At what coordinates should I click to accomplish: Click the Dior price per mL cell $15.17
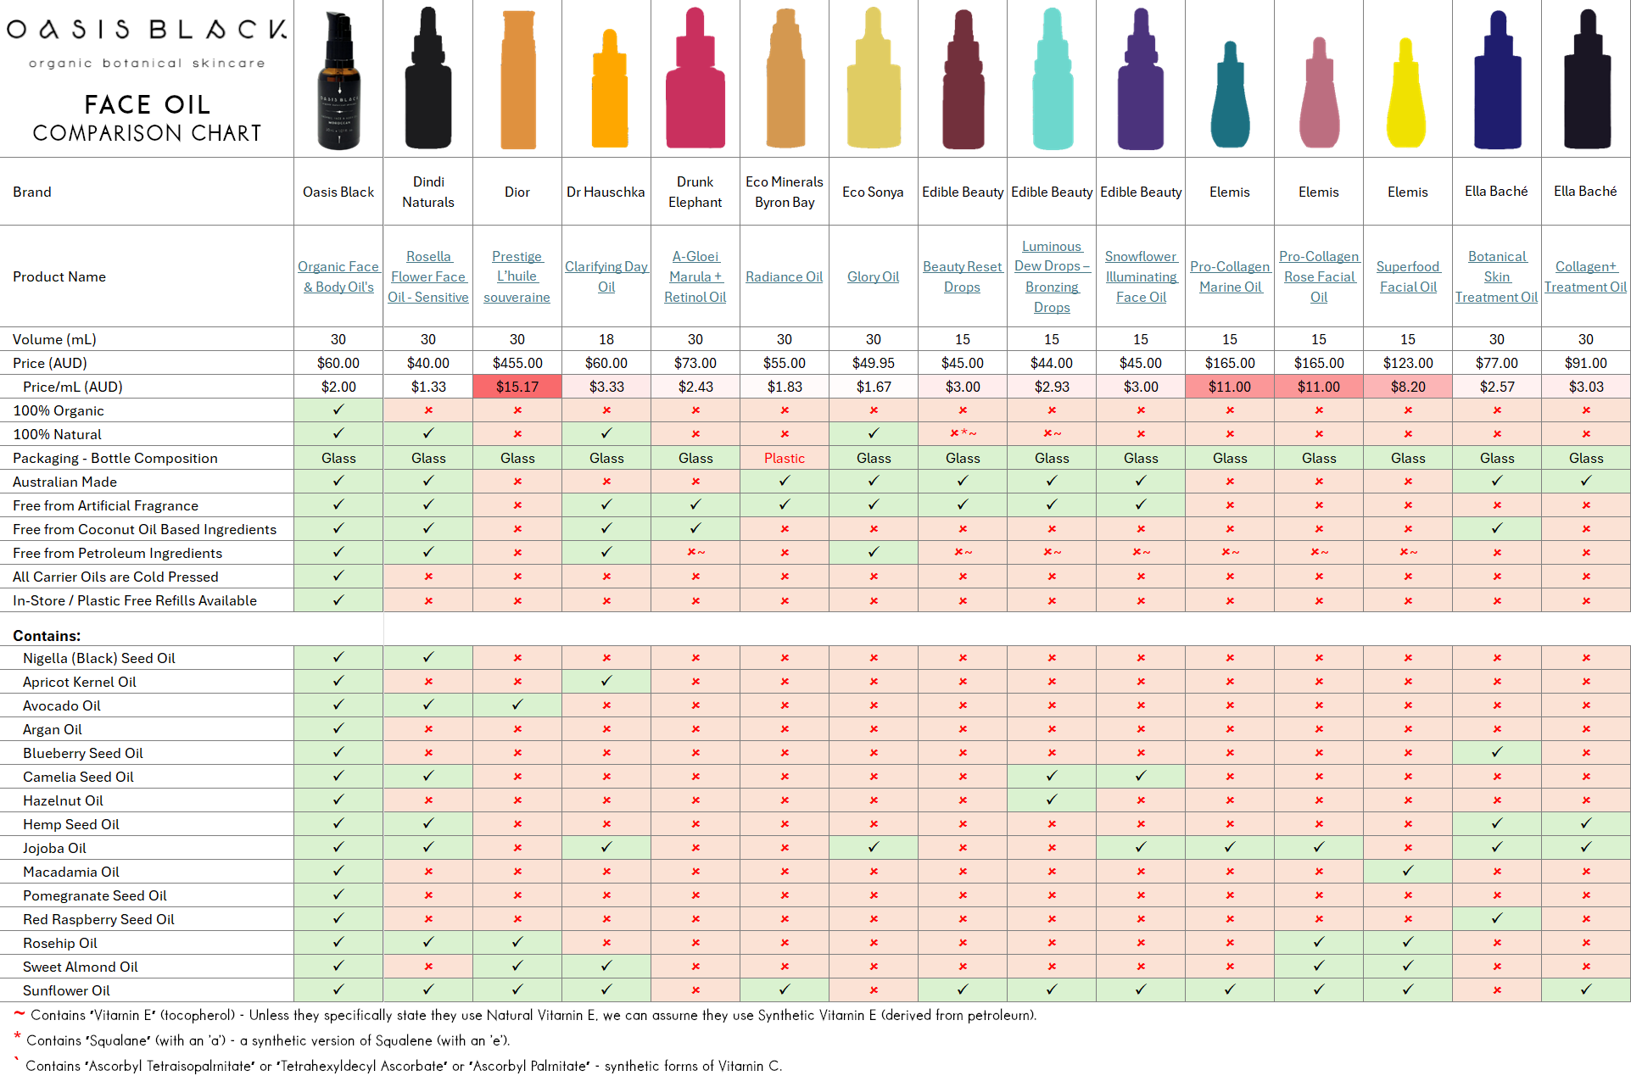pos(517,387)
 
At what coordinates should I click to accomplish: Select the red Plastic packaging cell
pos(784,458)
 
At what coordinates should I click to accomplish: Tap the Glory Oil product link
pos(873,276)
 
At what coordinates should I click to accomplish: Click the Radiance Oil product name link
pos(784,276)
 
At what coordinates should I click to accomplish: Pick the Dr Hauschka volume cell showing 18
pos(606,339)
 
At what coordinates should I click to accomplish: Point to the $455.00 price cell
pos(517,363)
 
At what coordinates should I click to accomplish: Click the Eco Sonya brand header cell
pos(873,192)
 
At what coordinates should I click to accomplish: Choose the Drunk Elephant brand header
pos(695,192)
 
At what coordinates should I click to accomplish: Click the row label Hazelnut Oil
pos(63,800)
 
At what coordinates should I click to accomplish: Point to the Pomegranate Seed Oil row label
pos(94,895)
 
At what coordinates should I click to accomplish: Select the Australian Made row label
pos(64,482)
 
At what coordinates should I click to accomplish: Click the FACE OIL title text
pos(147,104)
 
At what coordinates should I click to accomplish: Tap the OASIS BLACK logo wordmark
pos(147,30)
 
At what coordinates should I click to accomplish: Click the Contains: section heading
pos(47,635)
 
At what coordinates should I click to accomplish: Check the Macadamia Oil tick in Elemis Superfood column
pos(1408,871)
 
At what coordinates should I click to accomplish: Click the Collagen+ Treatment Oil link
pos(1585,276)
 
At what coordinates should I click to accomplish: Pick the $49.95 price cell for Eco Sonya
pos(873,363)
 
